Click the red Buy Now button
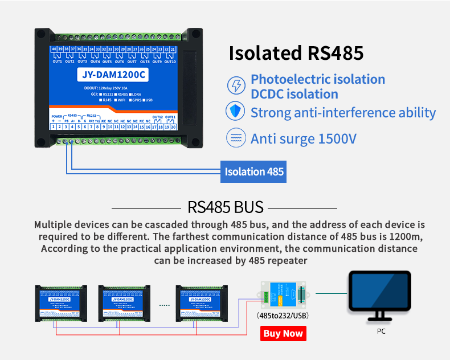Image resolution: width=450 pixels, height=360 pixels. [283, 333]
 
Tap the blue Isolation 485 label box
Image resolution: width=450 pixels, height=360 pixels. [254, 171]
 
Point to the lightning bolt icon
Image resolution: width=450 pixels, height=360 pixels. [235, 86]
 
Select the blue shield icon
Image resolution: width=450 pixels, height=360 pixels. [235, 112]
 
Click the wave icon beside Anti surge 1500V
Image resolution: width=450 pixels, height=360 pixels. [235, 138]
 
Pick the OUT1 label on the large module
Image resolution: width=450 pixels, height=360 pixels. [58, 61]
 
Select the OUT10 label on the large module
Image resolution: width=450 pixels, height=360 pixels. [170, 61]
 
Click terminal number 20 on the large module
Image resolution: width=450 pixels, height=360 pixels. [173, 126]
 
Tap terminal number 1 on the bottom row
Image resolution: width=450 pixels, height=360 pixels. [54, 126]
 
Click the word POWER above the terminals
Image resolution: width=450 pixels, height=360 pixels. [57, 116]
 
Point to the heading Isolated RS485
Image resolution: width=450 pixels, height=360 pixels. [296, 53]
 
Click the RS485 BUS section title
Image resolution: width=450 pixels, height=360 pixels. [226, 207]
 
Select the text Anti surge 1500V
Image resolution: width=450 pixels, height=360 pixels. [303, 138]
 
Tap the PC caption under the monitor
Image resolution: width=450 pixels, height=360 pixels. [381, 331]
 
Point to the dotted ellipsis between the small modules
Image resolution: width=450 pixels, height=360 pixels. [165, 305]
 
